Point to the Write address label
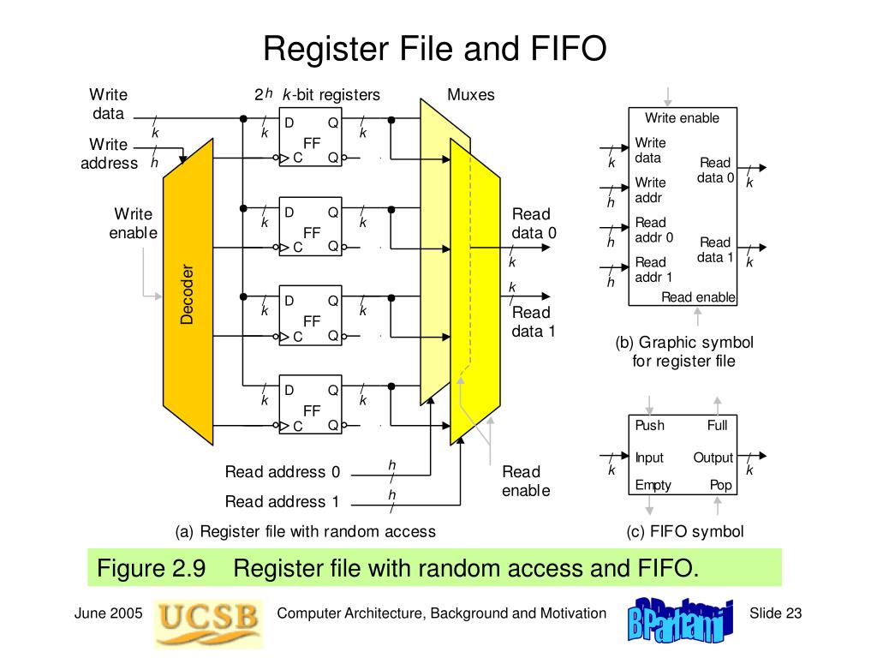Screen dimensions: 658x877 point(109,153)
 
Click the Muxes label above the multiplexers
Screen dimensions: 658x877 point(471,94)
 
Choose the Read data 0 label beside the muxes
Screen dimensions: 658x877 point(534,223)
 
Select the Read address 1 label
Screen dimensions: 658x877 point(282,501)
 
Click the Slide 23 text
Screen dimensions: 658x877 point(775,613)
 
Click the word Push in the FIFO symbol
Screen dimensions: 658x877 point(649,426)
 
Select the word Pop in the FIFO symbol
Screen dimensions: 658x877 point(720,485)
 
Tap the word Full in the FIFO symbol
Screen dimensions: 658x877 point(717,426)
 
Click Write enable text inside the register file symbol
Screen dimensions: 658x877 point(682,118)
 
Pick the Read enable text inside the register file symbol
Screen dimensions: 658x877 point(698,297)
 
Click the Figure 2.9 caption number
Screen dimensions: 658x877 point(151,568)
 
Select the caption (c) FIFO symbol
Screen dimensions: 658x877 point(684,531)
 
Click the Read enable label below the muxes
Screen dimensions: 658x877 point(525,481)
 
